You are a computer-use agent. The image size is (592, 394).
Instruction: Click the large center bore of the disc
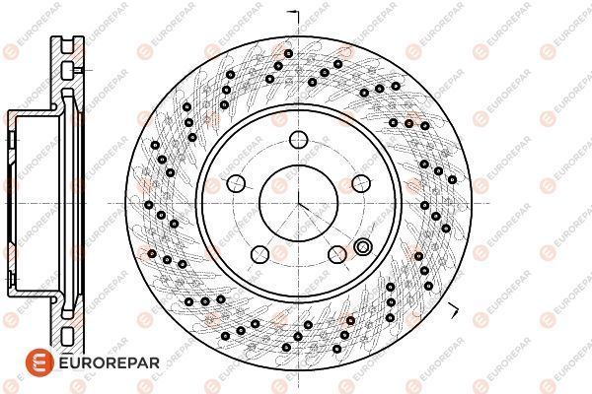[298, 204]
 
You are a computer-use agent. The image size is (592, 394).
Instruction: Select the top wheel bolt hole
[299, 140]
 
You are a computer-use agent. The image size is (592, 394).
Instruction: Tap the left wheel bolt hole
[237, 183]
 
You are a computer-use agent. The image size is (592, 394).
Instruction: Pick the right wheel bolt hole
[361, 183]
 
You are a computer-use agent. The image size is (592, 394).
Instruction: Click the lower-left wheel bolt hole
[260, 254]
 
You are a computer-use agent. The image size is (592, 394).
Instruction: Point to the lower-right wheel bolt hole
[337, 254]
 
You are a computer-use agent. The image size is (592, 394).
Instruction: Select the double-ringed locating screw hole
[363, 247]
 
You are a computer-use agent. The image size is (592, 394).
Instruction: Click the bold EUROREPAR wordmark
[110, 363]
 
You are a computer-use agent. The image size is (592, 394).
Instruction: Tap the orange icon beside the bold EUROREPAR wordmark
[40, 362]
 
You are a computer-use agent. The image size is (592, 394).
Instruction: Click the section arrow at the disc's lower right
[454, 309]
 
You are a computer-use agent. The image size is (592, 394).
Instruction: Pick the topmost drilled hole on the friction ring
[288, 53]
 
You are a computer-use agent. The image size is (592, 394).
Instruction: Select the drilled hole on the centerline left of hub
[149, 205]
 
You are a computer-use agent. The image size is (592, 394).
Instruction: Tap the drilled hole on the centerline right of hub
[424, 206]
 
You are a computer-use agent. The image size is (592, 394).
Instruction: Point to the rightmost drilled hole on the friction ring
[452, 179]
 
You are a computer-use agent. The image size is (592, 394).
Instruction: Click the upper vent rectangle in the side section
[67, 71]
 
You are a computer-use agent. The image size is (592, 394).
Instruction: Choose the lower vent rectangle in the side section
[67, 336]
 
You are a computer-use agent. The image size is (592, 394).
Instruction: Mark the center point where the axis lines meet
[298, 204]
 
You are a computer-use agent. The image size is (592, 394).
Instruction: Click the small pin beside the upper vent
[78, 70]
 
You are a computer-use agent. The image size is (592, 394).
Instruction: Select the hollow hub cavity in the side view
[37, 204]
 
